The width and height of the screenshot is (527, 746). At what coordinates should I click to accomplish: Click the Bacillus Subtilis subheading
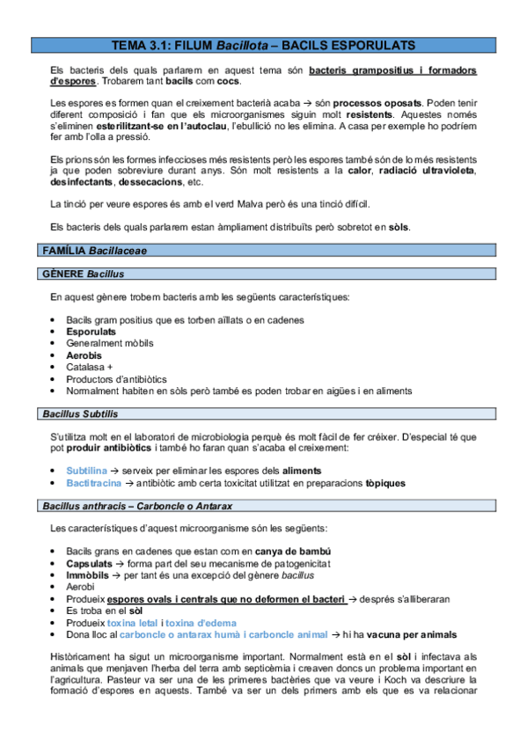(x=80, y=413)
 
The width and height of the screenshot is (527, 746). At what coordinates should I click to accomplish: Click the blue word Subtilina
(x=87, y=471)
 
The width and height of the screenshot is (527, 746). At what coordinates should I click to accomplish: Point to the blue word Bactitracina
(x=93, y=483)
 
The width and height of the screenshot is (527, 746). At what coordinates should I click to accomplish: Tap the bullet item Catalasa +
(x=89, y=367)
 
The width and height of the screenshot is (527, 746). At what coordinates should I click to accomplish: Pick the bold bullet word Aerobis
(x=84, y=355)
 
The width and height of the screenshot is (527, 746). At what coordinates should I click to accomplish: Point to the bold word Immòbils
(x=88, y=574)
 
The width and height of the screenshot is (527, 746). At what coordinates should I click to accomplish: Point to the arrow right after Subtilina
(x=116, y=471)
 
